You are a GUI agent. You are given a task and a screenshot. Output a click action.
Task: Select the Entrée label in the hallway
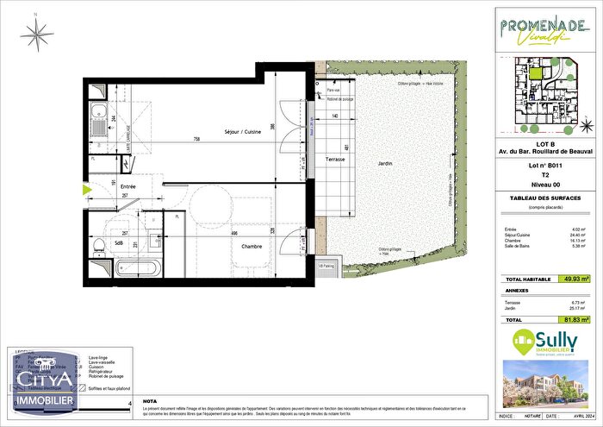(x=128, y=186)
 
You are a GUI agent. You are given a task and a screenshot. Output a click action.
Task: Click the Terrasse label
(x=335, y=160)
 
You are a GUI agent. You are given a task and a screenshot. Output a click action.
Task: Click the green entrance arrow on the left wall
(x=86, y=190)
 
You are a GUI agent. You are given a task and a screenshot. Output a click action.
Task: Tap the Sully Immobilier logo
(x=548, y=342)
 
